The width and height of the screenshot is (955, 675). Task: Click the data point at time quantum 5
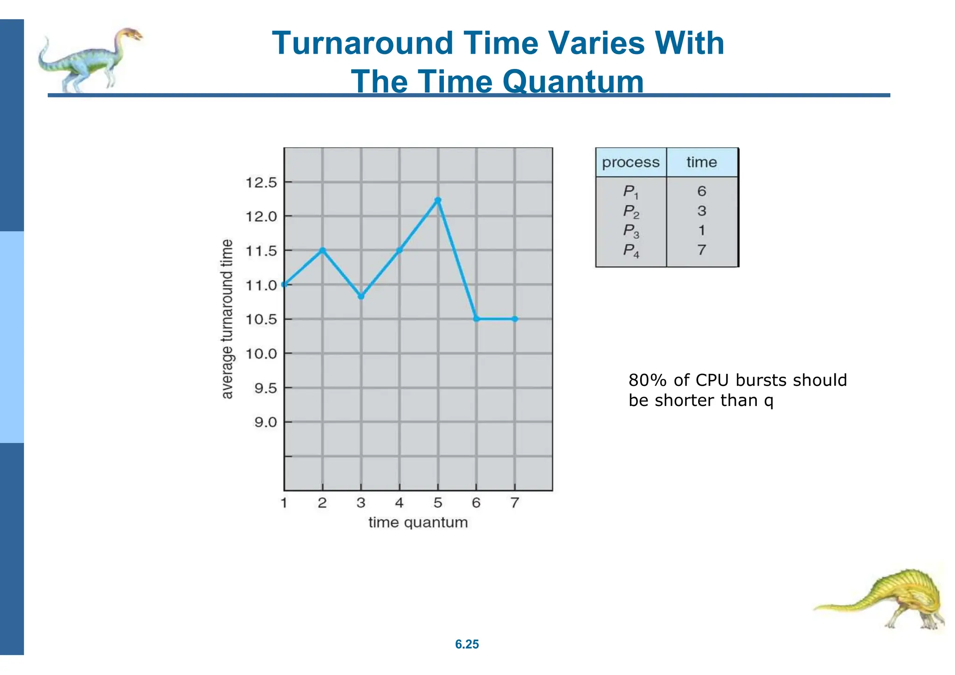437,200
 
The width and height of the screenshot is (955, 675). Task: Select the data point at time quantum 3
361,296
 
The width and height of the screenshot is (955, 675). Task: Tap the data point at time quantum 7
514,319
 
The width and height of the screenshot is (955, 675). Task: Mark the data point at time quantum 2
322,250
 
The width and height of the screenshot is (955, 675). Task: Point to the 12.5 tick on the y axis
261,183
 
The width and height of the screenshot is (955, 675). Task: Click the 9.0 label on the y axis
265,422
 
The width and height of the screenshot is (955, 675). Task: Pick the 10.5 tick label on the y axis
261,320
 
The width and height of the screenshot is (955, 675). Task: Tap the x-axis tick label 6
476,503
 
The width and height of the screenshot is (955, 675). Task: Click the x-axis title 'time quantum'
418,523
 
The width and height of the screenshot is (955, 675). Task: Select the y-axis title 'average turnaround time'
227,319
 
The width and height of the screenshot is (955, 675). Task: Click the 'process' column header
630,163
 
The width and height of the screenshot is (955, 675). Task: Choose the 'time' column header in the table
701,163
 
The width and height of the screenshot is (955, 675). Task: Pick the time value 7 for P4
701,250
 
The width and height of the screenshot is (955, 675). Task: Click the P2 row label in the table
631,212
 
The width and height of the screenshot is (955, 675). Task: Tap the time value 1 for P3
701,231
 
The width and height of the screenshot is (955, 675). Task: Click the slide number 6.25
467,644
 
